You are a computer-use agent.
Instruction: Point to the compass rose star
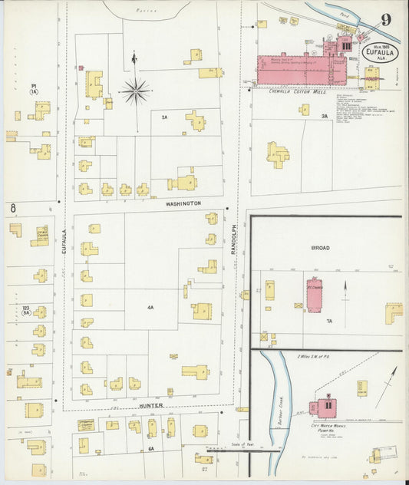[x=135, y=91]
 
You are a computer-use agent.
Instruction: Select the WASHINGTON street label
[x=183, y=203]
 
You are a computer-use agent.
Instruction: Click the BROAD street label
[x=320, y=249]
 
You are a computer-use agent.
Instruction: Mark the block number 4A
[x=151, y=308]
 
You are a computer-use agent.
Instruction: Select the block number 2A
[x=164, y=117]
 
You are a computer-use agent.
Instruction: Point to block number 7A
[x=328, y=322]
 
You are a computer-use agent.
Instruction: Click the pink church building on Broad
[x=315, y=295]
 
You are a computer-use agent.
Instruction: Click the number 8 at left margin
[x=13, y=207]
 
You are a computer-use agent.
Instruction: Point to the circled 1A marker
[x=34, y=91]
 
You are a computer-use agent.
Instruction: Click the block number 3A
[x=325, y=116]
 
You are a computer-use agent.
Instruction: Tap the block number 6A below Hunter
[x=151, y=448]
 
